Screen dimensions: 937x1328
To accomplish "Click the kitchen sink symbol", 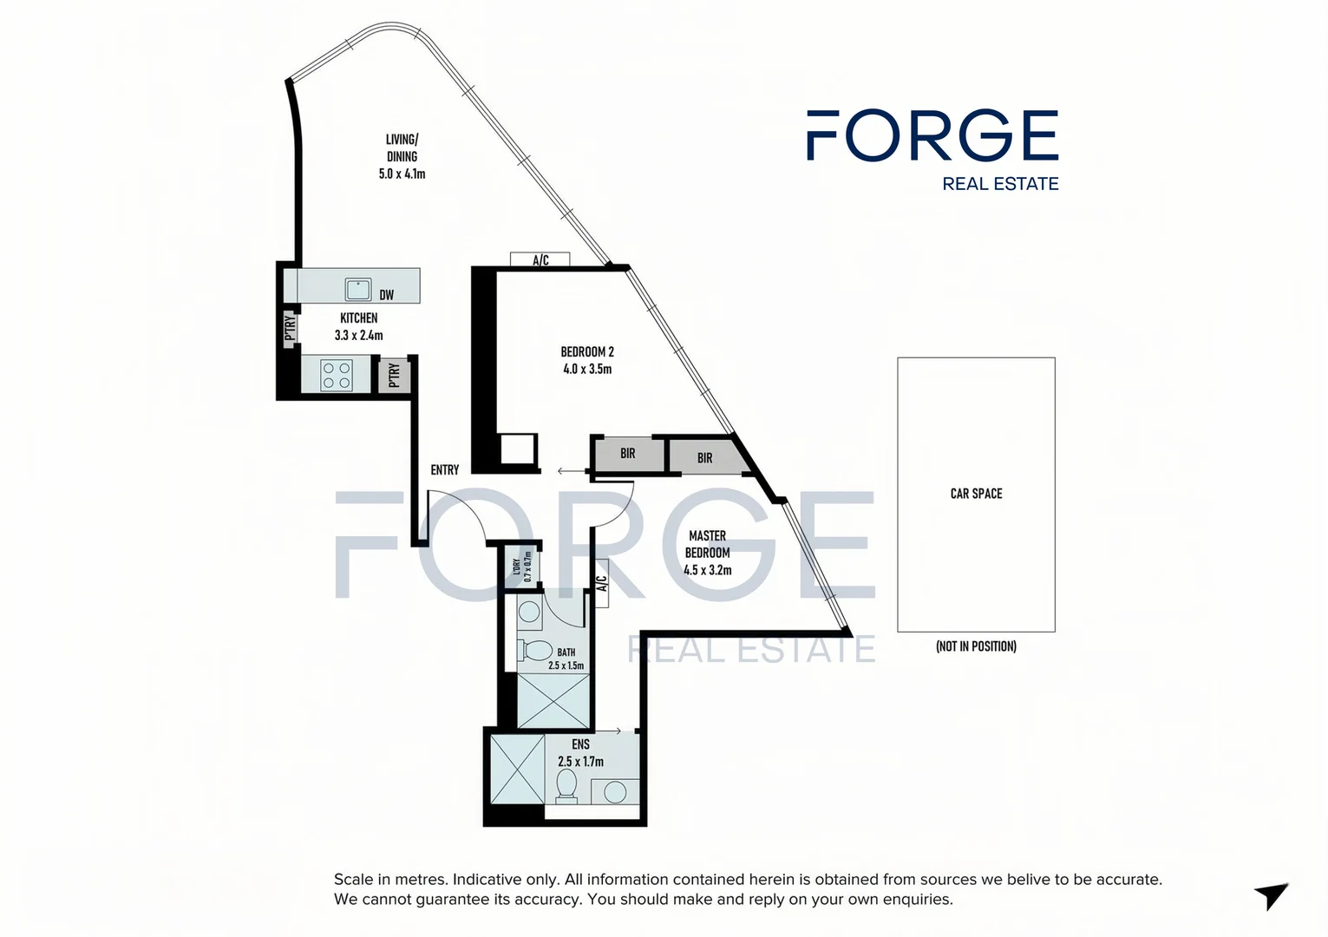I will click(x=358, y=289).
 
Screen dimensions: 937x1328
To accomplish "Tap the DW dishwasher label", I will click(x=387, y=295).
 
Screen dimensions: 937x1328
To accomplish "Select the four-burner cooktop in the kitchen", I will click(x=336, y=375).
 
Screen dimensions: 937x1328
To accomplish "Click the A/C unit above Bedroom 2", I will click(x=540, y=259).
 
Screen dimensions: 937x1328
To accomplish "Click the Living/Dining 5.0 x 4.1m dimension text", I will click(x=402, y=174).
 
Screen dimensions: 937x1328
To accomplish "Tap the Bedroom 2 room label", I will click(x=587, y=351).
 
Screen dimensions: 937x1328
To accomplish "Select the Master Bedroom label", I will click(x=708, y=544).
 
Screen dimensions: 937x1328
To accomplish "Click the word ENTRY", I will click(x=445, y=469).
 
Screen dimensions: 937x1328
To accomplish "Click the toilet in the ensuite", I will click(x=566, y=786).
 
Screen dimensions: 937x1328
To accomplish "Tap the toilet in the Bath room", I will click(x=536, y=650).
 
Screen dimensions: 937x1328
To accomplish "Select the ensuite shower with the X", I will click(x=517, y=770).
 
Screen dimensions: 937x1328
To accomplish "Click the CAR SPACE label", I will click(x=976, y=494).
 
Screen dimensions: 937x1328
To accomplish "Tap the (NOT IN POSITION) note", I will click(x=976, y=646).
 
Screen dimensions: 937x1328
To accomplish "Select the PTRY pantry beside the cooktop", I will click(x=395, y=375).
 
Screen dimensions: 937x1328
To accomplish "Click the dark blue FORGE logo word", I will click(x=932, y=135).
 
